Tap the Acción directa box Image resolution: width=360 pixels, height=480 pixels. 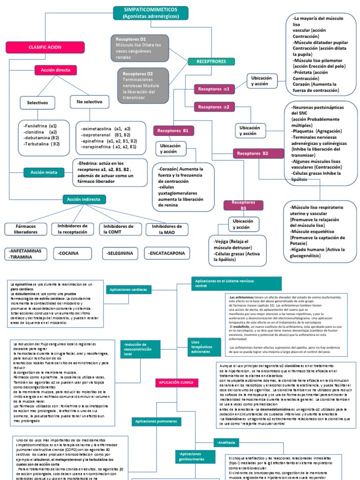coord(56,70)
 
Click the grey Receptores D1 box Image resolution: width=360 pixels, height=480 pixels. coord(140,47)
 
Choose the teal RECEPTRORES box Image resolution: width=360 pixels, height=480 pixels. coord(212,61)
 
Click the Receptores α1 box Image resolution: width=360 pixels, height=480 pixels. coord(214,89)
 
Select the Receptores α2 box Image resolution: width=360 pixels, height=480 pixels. coord(214,107)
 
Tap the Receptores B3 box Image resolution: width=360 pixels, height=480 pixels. coord(237,205)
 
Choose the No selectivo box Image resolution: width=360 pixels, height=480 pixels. coord(90,101)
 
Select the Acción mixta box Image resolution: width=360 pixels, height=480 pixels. coord(44,172)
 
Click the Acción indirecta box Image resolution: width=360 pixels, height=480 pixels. coord(83,199)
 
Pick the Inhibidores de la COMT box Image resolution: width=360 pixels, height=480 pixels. coord(119,229)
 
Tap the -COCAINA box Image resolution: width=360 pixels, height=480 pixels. coord(72,253)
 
